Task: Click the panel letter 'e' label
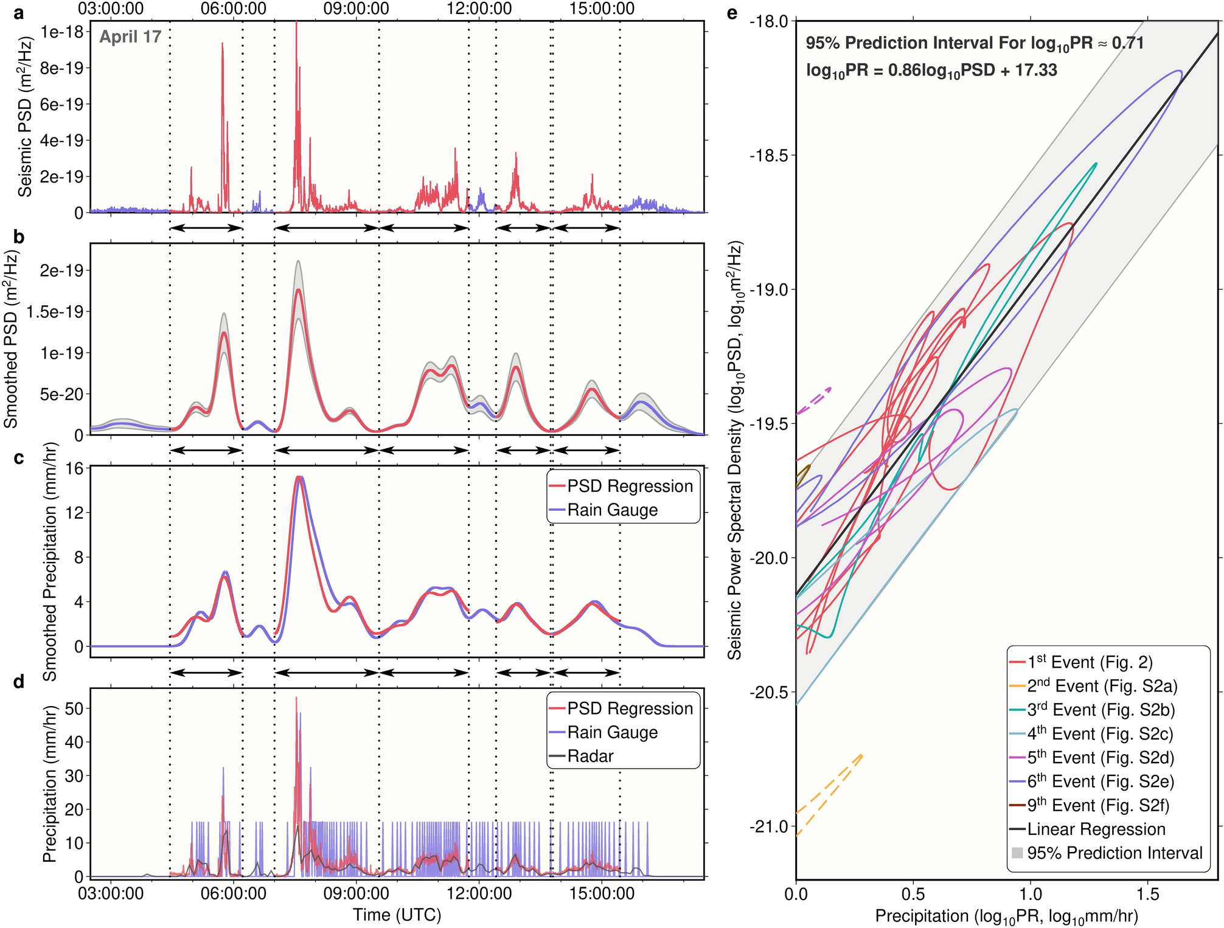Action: click(732, 12)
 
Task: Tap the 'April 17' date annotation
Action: click(130, 37)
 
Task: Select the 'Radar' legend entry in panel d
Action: click(590, 756)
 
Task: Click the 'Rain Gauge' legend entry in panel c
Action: click(612, 510)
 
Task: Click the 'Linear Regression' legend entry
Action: click(1096, 829)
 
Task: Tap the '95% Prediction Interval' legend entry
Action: click(1114, 853)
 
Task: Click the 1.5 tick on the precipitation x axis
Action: click(1147, 894)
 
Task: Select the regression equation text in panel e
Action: click(931, 71)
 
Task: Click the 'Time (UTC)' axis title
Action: click(397, 915)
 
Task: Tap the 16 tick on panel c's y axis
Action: click(78, 468)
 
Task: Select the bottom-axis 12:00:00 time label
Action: click(479, 894)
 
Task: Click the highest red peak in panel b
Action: click(298, 290)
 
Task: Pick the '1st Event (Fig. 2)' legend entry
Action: click(1090, 662)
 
